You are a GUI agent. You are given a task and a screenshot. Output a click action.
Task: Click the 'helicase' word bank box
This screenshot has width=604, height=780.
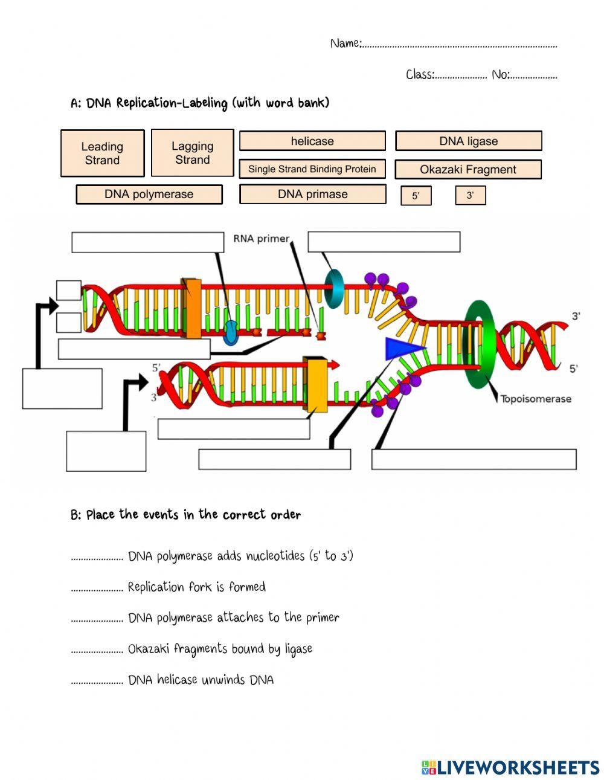pyautogui.click(x=312, y=141)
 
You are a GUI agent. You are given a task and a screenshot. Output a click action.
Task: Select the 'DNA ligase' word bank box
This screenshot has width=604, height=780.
pyautogui.click(x=468, y=141)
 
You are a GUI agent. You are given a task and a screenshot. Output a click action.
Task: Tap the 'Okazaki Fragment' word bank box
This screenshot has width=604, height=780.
pyautogui.click(x=467, y=170)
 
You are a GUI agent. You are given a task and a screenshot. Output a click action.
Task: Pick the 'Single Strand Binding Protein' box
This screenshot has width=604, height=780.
pyautogui.click(x=312, y=169)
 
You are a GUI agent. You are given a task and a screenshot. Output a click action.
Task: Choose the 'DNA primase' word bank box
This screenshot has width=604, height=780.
pyautogui.click(x=312, y=195)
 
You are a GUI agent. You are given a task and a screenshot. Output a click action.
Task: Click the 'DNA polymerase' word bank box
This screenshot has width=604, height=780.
pyautogui.click(x=149, y=195)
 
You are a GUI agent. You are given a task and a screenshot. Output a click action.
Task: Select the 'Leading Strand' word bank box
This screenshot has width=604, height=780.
pyautogui.click(x=102, y=153)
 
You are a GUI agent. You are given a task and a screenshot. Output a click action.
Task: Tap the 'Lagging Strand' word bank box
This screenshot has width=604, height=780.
pyautogui.click(x=192, y=153)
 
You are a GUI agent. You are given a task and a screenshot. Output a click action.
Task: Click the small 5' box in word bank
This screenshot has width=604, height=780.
pyautogui.click(x=416, y=196)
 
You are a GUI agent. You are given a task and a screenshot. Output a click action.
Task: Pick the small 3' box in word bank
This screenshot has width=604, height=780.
pyautogui.click(x=470, y=196)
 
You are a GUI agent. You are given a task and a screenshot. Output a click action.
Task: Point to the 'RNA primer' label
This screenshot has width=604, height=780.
pyautogui.click(x=261, y=239)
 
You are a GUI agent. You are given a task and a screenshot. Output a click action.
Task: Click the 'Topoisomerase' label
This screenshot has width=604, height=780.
pyautogui.click(x=535, y=399)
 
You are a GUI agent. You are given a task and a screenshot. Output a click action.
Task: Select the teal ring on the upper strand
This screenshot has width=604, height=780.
pyautogui.click(x=333, y=288)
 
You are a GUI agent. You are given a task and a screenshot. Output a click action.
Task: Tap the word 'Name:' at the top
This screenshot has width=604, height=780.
pyautogui.click(x=345, y=44)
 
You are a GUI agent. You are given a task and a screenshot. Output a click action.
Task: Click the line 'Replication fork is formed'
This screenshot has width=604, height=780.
pyautogui.click(x=196, y=587)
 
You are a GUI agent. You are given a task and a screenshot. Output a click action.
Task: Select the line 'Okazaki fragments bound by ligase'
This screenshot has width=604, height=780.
pyautogui.click(x=220, y=649)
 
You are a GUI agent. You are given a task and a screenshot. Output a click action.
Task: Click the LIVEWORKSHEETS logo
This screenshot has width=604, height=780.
pyautogui.click(x=510, y=767)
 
